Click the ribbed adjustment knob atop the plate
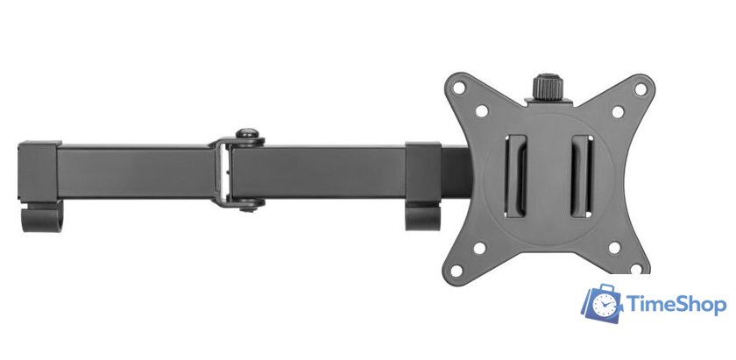click(548, 88)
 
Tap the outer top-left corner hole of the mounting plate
click(458, 88)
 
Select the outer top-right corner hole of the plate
click(640, 88)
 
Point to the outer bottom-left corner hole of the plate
click(456, 271)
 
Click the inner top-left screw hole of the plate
click(482, 111)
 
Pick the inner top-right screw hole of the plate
click(618, 112)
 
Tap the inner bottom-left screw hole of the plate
click(479, 247)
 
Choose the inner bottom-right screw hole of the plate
click(614, 247)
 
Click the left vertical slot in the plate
click(516, 176)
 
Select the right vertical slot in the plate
click(582, 176)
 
